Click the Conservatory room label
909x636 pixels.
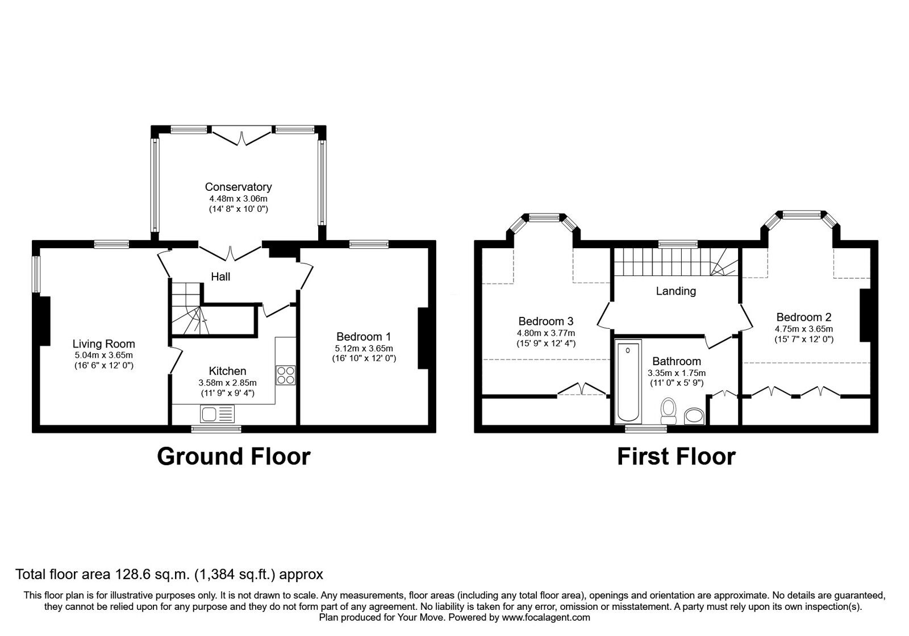coord(238,187)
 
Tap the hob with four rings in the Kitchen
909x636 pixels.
coord(286,375)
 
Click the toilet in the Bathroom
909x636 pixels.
coord(668,411)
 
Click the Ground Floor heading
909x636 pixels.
coord(233,457)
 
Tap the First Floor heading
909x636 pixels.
coord(676,457)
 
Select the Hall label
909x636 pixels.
coord(220,277)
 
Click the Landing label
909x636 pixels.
coord(676,291)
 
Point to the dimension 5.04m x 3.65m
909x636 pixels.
coord(103,355)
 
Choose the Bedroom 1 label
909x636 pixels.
coord(364,337)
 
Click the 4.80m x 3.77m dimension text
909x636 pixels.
coord(546,333)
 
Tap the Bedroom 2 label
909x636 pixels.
coord(804,317)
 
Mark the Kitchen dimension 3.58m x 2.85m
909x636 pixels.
coord(227,383)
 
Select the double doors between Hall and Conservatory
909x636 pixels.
coord(230,253)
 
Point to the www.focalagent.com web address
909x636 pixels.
coord(546,618)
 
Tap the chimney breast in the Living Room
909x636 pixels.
coord(44,321)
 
